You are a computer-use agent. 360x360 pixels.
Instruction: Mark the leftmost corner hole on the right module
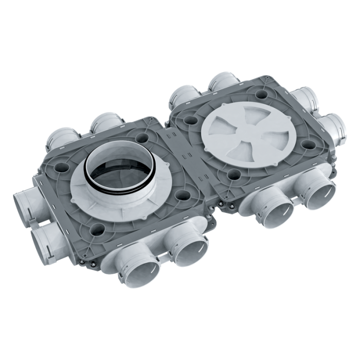(x=190, y=119)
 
